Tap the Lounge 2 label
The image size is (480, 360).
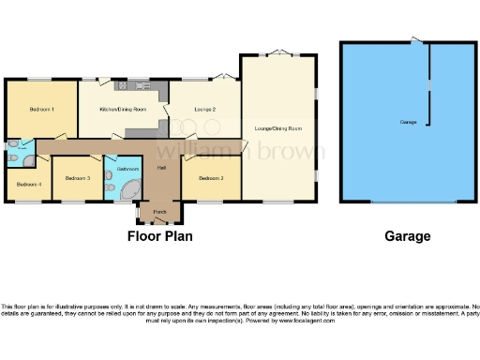point(205,111)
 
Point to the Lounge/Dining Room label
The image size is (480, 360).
point(278,127)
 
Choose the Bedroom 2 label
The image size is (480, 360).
point(210,176)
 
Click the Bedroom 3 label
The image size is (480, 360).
point(77,176)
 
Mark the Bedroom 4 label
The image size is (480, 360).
point(28,183)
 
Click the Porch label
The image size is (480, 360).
point(160,212)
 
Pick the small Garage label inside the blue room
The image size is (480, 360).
point(408,123)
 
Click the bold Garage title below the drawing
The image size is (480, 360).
point(408,236)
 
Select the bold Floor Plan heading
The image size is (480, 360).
point(160,236)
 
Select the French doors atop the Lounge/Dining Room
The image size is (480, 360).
point(278,52)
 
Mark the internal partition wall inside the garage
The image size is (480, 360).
point(430,84)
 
